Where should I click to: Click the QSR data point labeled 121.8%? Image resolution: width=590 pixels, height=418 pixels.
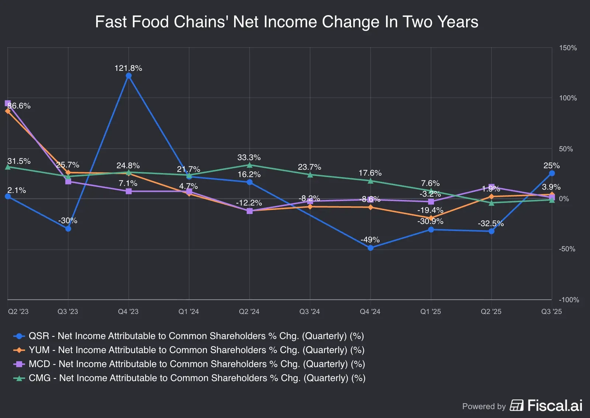pyautogui.click(x=129, y=76)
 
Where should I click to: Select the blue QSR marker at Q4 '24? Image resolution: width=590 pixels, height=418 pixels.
pyautogui.click(x=371, y=248)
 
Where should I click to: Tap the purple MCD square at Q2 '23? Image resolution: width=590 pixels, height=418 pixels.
pyautogui.click(x=8, y=103)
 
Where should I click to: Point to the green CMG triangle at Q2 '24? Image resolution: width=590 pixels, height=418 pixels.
pyautogui.click(x=250, y=165)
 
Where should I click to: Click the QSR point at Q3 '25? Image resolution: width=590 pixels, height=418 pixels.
pyautogui.click(x=552, y=173)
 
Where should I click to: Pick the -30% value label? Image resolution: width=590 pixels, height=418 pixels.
pyautogui.click(x=68, y=221)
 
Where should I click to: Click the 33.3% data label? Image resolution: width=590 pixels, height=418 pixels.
pyautogui.click(x=249, y=158)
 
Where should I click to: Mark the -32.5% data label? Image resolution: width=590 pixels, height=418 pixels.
pyautogui.click(x=490, y=224)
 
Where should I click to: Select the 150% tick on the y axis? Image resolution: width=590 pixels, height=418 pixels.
pyautogui.click(x=568, y=48)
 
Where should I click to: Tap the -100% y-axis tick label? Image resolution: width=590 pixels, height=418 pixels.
pyautogui.click(x=569, y=300)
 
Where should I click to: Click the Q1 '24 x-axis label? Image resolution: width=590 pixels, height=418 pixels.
pyautogui.click(x=188, y=312)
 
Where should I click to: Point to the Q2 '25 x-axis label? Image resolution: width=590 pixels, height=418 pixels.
pyautogui.click(x=491, y=312)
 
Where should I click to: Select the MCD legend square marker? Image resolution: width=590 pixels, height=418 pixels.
pyautogui.click(x=19, y=364)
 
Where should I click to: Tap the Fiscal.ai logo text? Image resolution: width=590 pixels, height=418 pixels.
pyautogui.click(x=555, y=405)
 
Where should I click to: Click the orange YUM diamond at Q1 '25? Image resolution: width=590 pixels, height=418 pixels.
pyautogui.click(x=431, y=218)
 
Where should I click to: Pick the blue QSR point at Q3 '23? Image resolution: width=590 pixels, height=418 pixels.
pyautogui.click(x=68, y=229)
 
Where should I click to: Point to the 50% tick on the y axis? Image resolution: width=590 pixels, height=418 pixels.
pyautogui.click(x=566, y=149)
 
